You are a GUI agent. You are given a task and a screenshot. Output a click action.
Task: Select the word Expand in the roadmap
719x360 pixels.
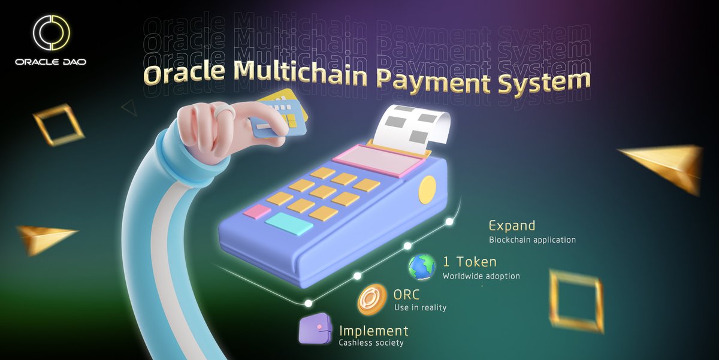[x=512, y=226]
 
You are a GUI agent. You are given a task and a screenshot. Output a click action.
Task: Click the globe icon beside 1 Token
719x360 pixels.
[x=422, y=267]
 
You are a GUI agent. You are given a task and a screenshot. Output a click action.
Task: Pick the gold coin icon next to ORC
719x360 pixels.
[x=371, y=299]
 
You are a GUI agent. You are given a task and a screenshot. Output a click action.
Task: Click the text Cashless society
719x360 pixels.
[x=371, y=343]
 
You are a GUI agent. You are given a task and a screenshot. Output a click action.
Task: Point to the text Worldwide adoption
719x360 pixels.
[x=481, y=276]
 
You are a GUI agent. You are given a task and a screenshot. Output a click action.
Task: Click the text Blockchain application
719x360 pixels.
[x=532, y=240]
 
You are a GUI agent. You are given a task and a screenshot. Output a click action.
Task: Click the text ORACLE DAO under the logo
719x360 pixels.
[x=51, y=62]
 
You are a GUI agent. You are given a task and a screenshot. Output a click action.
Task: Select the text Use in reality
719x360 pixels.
[x=420, y=308]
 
